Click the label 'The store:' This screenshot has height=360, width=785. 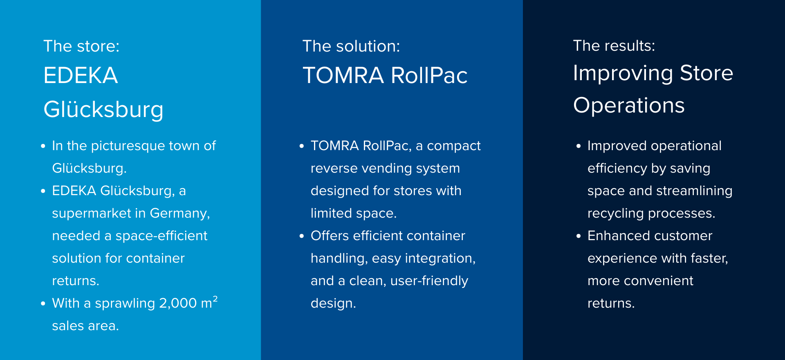click(x=81, y=46)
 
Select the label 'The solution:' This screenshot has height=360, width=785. click(x=351, y=46)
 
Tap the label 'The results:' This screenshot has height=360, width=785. click(x=614, y=46)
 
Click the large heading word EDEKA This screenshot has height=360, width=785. click(x=81, y=76)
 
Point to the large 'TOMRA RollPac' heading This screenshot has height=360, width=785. click(x=385, y=76)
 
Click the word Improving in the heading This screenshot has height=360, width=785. click(x=623, y=74)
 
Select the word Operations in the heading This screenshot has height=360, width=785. click(x=629, y=106)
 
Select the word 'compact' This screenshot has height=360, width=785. click(x=454, y=146)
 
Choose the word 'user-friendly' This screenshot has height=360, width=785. click(x=429, y=281)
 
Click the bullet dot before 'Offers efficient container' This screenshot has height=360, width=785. click(x=302, y=236)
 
